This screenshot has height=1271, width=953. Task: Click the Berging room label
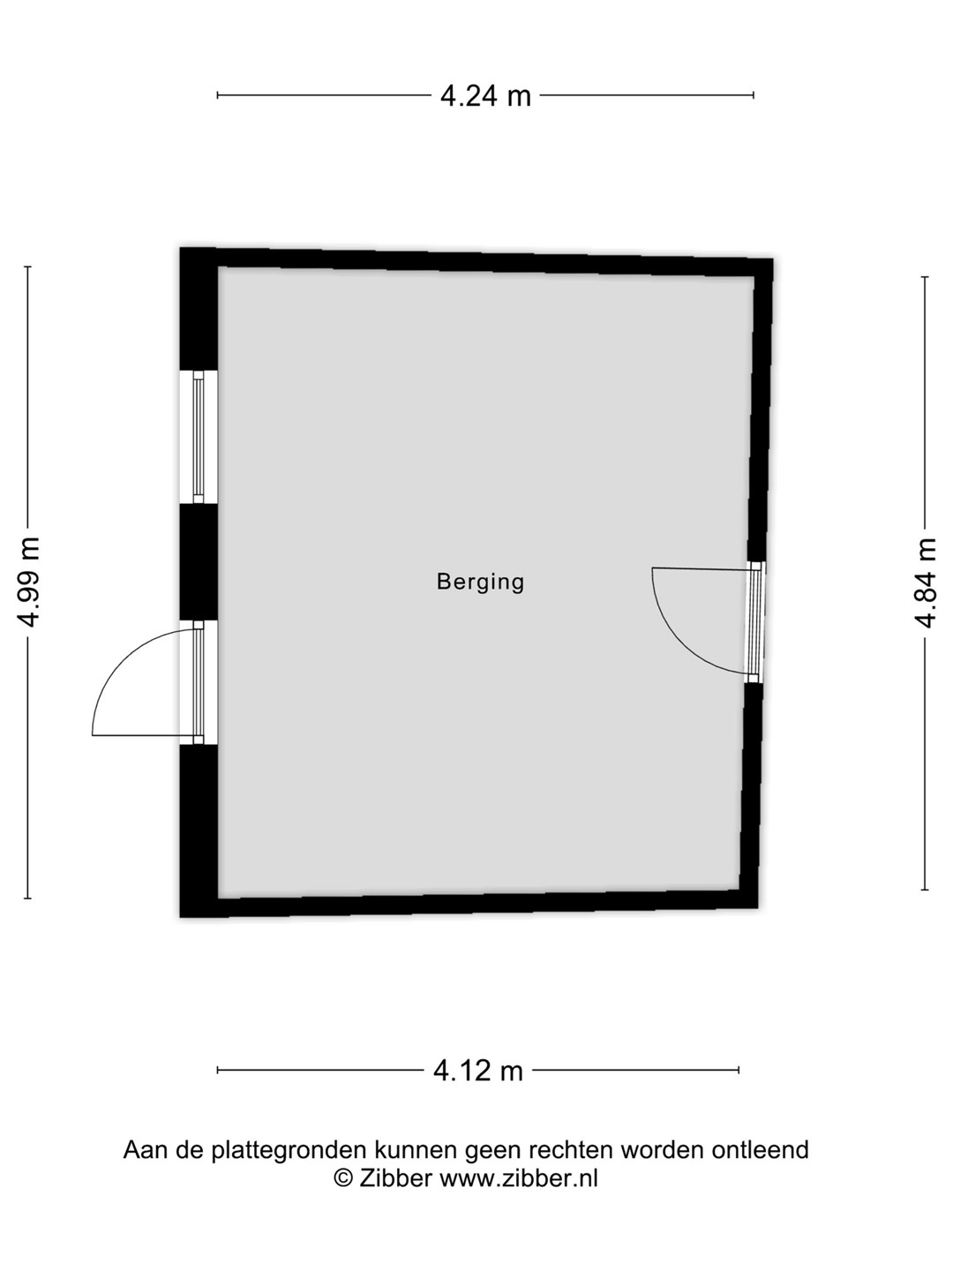point(480,583)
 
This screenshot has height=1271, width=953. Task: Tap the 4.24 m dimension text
point(485,95)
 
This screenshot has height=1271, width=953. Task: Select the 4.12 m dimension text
point(478,1071)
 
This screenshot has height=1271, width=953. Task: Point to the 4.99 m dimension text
point(28,582)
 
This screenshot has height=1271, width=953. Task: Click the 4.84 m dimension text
point(926,583)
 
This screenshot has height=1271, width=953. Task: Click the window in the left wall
point(199,437)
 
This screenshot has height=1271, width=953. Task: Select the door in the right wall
point(754,622)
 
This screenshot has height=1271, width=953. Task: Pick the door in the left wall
point(199,682)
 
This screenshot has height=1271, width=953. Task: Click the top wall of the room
point(476,262)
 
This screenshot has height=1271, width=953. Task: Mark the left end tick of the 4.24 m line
point(218,95)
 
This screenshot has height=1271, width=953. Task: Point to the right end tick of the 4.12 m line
point(739,1071)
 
